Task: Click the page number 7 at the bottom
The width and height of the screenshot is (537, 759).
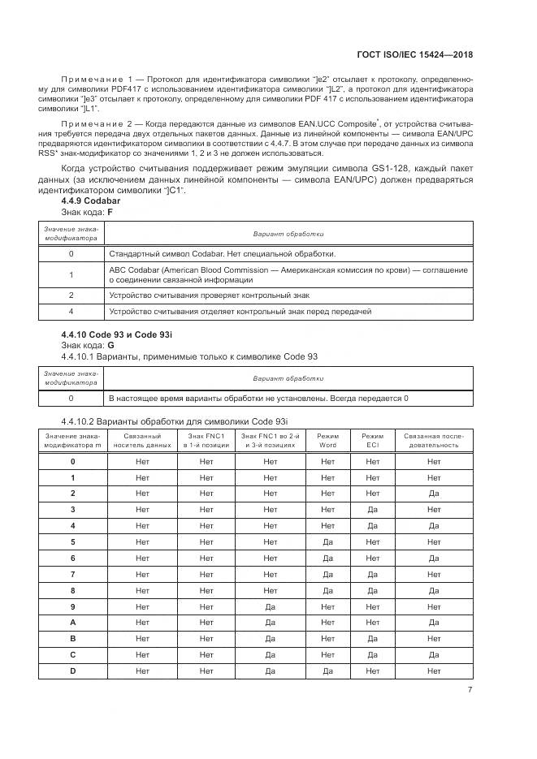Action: pyautogui.click(x=470, y=691)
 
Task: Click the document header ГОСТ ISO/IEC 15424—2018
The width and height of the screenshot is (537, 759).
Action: pyautogui.click(x=416, y=54)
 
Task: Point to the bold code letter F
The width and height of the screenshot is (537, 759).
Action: pyautogui.click(x=110, y=212)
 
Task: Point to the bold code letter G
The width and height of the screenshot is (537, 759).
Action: pyautogui.click(x=110, y=345)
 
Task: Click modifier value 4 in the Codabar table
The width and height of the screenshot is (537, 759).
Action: pyautogui.click(x=71, y=312)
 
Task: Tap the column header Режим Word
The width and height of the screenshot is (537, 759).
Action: pyautogui.click(x=327, y=441)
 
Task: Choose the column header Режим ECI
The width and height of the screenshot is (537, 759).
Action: pyautogui.click(x=372, y=441)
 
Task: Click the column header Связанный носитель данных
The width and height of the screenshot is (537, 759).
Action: pyautogui.click(x=142, y=441)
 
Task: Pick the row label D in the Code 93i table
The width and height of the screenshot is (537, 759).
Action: pyautogui.click(x=73, y=671)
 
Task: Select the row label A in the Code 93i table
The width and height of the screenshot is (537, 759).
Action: pyautogui.click(x=73, y=623)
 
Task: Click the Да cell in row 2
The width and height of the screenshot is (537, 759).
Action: pyautogui.click(x=433, y=494)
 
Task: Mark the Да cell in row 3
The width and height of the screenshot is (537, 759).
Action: pyautogui.click(x=372, y=510)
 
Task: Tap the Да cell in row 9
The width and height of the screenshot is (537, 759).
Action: pyautogui.click(x=270, y=606)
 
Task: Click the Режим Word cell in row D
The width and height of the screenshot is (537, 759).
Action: pyautogui.click(x=327, y=671)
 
